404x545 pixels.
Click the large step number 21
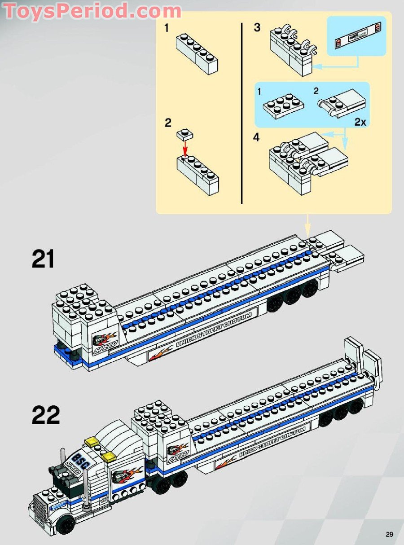click(x=43, y=259)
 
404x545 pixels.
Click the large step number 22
click(x=45, y=416)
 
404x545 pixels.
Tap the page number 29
click(x=389, y=534)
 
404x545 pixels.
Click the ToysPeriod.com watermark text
click(x=92, y=11)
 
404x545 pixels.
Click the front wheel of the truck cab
click(x=66, y=524)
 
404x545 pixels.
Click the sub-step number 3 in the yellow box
click(x=257, y=27)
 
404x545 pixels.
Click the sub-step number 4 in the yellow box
click(x=256, y=137)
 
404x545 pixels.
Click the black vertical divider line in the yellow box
click(x=242, y=112)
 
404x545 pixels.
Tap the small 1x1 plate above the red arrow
click(x=184, y=134)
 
